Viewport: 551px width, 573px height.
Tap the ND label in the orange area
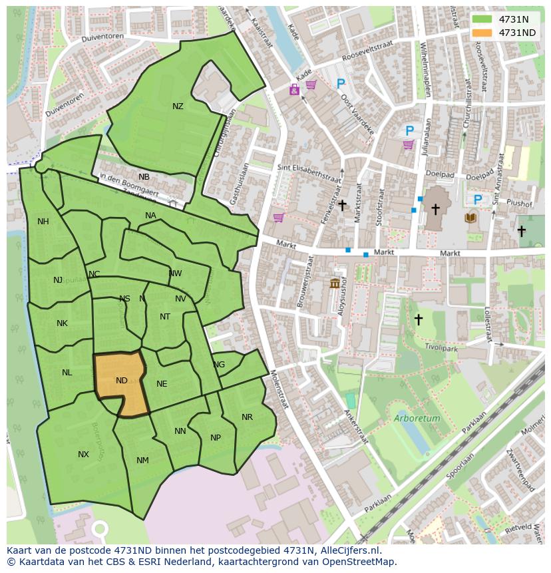[121, 381]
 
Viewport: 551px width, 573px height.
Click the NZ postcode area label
[178, 106]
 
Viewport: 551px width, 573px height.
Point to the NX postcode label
[83, 455]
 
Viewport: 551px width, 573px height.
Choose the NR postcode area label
[247, 417]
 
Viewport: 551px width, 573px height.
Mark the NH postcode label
[43, 222]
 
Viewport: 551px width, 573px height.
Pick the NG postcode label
[219, 365]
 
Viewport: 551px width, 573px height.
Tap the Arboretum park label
[417, 419]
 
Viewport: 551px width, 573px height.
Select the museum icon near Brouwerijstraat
[335, 284]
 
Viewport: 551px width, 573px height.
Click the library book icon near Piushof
[471, 217]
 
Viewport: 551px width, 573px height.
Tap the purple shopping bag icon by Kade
[294, 90]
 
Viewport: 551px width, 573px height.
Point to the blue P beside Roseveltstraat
[341, 84]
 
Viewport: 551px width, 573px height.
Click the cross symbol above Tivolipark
[418, 319]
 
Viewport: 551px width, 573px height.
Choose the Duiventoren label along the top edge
[103, 38]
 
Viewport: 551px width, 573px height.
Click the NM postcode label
[142, 461]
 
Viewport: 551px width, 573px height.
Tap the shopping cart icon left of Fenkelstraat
[278, 218]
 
